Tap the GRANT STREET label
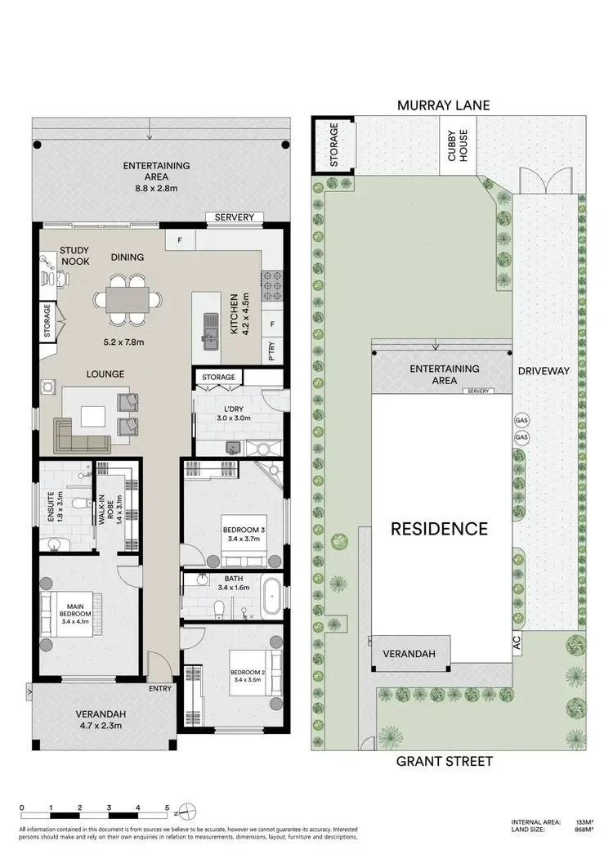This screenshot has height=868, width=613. pyautogui.click(x=445, y=761)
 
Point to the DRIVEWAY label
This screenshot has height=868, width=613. pyautogui.click(x=543, y=370)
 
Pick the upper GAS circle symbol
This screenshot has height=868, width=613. pyautogui.click(x=521, y=420)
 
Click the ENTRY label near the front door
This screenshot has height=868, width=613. pyautogui.click(x=160, y=687)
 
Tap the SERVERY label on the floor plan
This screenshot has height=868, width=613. pyautogui.click(x=235, y=217)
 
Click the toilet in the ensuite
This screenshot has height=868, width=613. pyautogui.click(x=79, y=503)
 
